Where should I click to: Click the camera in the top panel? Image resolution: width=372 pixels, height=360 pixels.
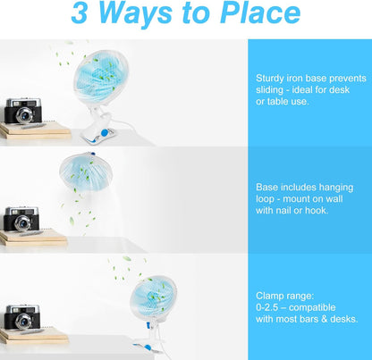pyautogui.click(x=23, y=110)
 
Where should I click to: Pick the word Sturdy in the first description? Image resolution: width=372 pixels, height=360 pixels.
pyautogui.click(x=271, y=77)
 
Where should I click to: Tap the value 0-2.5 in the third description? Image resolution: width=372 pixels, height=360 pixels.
pyautogui.click(x=271, y=306)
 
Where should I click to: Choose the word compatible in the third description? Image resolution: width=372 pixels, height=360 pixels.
pyautogui.click(x=325, y=306)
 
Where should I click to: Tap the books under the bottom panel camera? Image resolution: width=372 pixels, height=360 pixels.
pyautogui.click(x=34, y=335)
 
